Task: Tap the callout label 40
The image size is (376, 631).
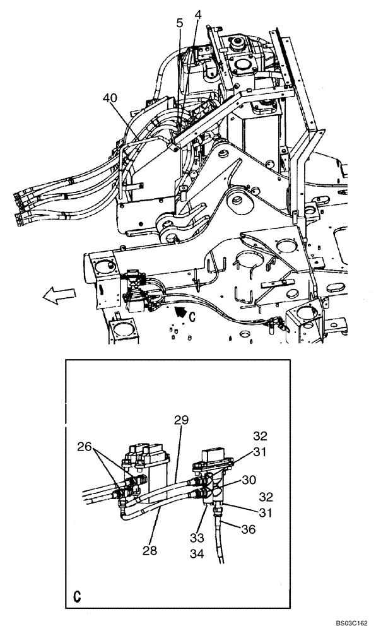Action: pyautogui.click(x=110, y=98)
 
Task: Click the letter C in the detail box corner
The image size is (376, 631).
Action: pyautogui.click(x=76, y=596)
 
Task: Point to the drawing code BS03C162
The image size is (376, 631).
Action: pyautogui.click(x=348, y=622)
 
